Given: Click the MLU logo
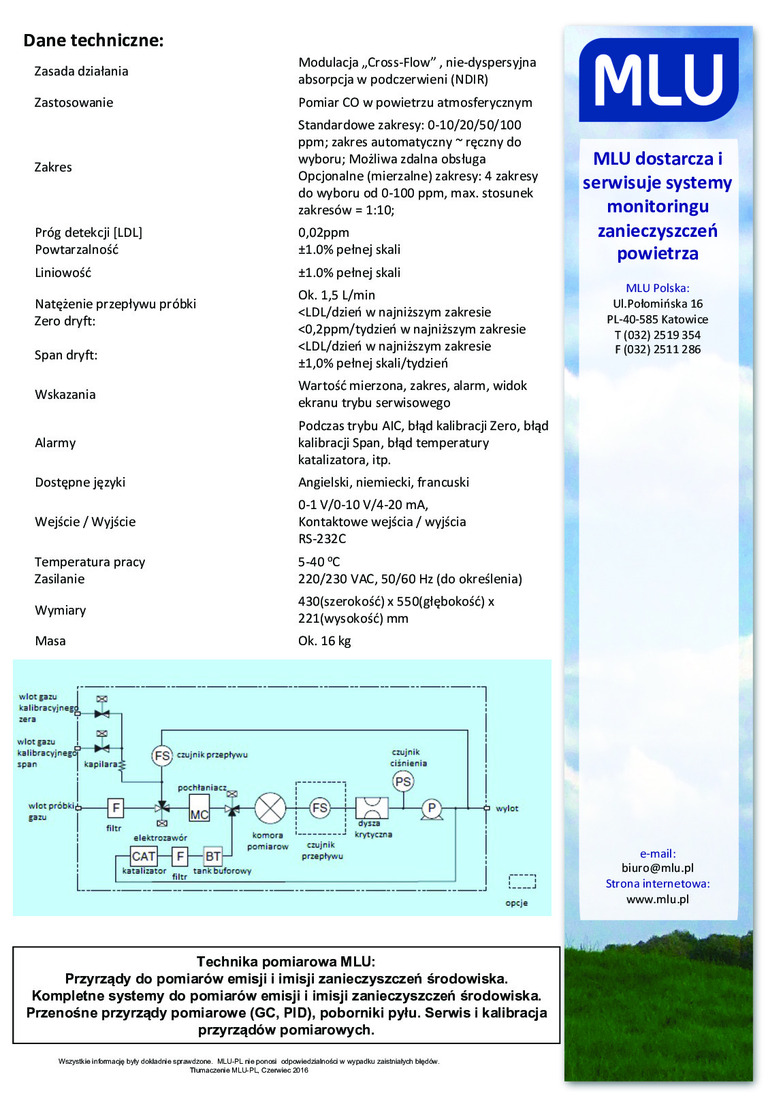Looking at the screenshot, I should [x=658, y=80].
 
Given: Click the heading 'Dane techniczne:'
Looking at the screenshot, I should [x=93, y=41].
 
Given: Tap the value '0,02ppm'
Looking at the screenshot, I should [x=323, y=233].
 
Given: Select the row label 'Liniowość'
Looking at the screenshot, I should [x=63, y=273].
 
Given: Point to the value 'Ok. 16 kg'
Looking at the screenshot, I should [x=324, y=641].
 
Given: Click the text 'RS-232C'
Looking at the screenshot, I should [x=322, y=539].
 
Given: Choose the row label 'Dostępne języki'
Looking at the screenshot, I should [x=80, y=483].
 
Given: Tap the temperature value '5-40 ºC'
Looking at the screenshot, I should [x=319, y=562].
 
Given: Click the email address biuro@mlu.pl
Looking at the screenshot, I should [x=657, y=868].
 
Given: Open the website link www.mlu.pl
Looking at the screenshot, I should [x=657, y=900].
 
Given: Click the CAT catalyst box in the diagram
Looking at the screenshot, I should [x=144, y=856].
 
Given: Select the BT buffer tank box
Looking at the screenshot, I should [x=213, y=856].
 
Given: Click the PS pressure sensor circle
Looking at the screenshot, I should [x=404, y=782].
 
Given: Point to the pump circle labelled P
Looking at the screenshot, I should [x=431, y=809].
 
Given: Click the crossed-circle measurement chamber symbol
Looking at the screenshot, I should [x=270, y=809].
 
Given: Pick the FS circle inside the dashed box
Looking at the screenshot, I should [x=320, y=808].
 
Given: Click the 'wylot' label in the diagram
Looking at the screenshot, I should [x=507, y=809].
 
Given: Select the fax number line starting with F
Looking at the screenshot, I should [x=657, y=350].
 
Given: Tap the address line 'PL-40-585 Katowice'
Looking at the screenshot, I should [x=657, y=320].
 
